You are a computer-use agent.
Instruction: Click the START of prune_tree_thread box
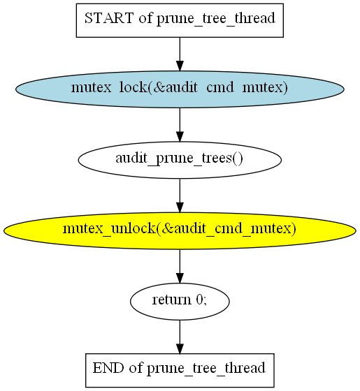[180, 20]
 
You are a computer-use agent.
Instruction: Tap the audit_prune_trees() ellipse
[180, 160]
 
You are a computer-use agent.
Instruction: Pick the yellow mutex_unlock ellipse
[180, 230]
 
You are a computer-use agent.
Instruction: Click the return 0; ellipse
[180, 301]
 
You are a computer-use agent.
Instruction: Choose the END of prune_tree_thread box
[180, 370]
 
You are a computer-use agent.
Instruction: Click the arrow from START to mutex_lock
[180, 54]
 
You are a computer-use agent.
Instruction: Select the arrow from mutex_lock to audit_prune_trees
[180, 125]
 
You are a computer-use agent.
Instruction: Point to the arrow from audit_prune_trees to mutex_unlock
[180, 195]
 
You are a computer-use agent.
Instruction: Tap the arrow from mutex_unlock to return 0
[180, 266]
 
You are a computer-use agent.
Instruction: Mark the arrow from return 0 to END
[180, 337]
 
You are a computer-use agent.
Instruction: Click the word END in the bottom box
[108, 368]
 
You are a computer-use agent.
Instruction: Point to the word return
[171, 300]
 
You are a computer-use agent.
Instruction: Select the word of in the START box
[145, 18]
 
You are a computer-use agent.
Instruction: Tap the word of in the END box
[136, 368]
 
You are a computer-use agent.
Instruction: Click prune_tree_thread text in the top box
[216, 19]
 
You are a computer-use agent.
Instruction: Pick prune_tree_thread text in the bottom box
[206, 369]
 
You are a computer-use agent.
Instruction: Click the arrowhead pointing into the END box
[180, 348]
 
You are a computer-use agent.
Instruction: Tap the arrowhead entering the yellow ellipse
[180, 207]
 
